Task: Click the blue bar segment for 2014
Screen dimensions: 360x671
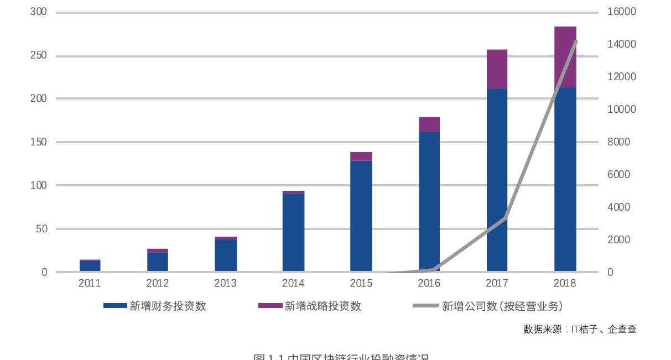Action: [x=293, y=232]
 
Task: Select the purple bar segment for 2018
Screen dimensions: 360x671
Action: [x=565, y=57]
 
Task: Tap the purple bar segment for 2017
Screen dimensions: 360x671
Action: [x=497, y=69]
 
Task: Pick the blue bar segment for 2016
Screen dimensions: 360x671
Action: [x=429, y=202]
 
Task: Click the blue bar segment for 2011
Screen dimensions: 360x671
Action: [x=90, y=266]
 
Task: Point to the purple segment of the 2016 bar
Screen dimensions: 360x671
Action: [x=429, y=124]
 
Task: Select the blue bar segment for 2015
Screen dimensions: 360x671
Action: [x=361, y=216]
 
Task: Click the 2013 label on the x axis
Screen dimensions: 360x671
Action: [x=225, y=284]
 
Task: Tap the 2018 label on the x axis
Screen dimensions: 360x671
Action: [x=565, y=284]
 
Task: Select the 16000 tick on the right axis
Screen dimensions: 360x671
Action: [x=622, y=12]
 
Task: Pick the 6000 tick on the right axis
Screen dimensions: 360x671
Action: [x=619, y=175]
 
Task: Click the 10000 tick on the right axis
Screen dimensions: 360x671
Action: [x=622, y=109]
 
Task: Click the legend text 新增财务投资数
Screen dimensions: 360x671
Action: [x=168, y=306]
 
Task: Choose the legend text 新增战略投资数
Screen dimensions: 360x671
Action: [x=323, y=306]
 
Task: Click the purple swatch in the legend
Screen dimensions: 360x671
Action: [x=270, y=306]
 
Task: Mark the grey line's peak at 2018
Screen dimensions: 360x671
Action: [x=576, y=41]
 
